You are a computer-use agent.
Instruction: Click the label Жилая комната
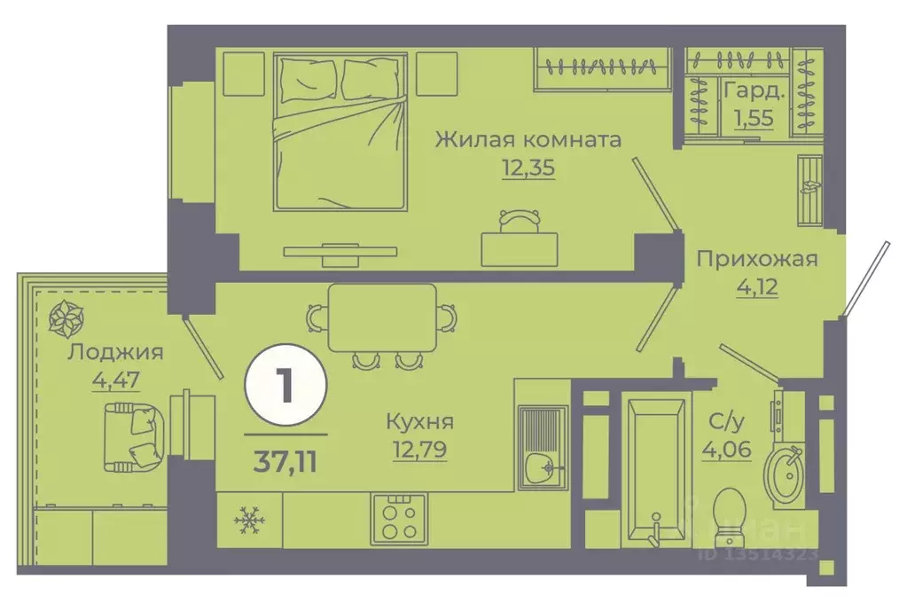[x=527, y=139]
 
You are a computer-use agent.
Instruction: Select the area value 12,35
[x=528, y=168]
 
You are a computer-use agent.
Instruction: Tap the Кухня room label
[x=419, y=421]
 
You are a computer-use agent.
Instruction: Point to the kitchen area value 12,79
[x=419, y=450]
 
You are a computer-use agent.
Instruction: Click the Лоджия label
[x=116, y=352]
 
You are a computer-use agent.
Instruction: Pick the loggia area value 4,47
[x=116, y=380]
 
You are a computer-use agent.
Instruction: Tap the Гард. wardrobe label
[x=754, y=90]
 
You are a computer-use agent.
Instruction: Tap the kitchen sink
[x=542, y=447]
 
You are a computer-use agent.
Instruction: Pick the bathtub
[x=655, y=469]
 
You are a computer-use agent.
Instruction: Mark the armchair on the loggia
[x=134, y=435]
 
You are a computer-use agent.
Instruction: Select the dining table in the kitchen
[x=381, y=317]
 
